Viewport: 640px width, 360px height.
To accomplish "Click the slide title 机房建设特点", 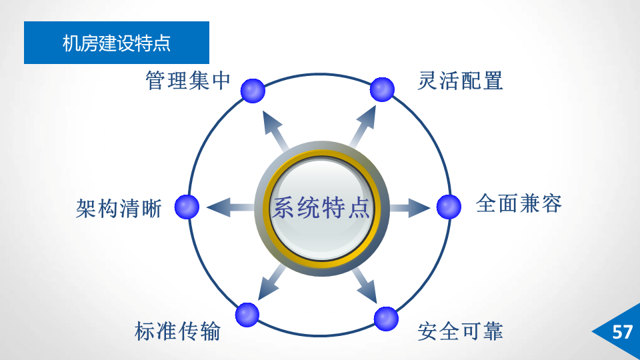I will pos(117,43).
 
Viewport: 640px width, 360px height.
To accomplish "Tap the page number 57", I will pos(621,332).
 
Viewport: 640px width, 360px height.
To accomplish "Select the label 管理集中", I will pos(188,81).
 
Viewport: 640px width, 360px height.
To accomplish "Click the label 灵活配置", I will pos(460,81).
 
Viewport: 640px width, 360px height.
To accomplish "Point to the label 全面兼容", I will pos(519,203).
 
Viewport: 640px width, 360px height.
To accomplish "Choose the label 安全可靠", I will pos(460,331).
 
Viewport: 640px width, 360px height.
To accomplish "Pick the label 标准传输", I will pos(177,331).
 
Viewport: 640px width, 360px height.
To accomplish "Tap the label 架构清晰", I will pos(119,208).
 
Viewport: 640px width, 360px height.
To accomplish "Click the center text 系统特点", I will pos(320,208).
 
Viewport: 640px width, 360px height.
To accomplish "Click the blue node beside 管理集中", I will pos(253,91).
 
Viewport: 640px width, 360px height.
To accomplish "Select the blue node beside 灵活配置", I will pos(382,89).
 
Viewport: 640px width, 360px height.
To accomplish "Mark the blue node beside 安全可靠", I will pos(386,319).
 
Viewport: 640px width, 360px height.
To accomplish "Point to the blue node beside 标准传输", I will pos(247,314).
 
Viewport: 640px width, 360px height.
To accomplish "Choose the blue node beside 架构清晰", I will pos(187,207).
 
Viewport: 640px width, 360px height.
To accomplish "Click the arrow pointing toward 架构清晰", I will pos(229,207).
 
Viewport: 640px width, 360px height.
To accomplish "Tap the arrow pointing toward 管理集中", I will pos(274,129).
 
